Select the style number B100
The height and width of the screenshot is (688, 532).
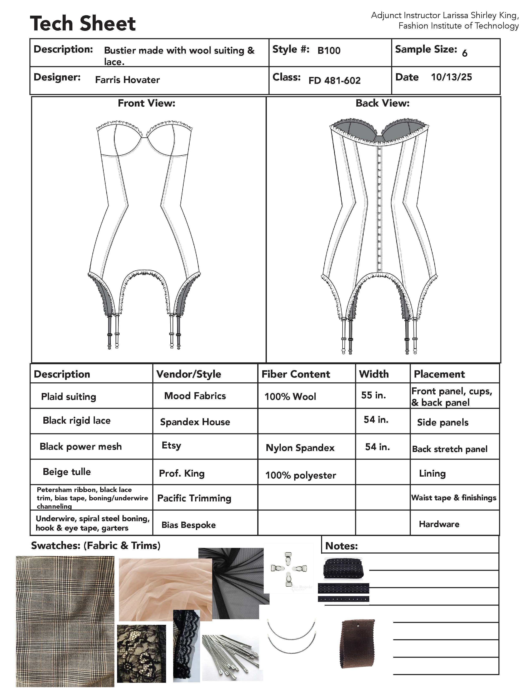tap(329, 50)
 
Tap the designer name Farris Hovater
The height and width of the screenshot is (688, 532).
tap(127, 80)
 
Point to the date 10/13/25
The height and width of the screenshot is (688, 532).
tap(451, 77)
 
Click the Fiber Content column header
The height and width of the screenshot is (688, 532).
tap(296, 374)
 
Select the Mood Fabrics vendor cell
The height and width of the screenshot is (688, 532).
tap(195, 396)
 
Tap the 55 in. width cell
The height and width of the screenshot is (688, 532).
tap(373, 395)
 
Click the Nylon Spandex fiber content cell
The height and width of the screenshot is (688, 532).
tap(300, 448)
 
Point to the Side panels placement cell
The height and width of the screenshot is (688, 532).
tap(442, 422)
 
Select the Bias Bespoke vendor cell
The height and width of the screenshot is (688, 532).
tap(188, 525)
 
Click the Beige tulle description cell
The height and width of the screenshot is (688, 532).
tap(67, 472)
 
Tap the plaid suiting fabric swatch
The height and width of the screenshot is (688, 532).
tap(65, 621)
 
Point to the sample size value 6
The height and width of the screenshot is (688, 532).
tap(465, 53)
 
